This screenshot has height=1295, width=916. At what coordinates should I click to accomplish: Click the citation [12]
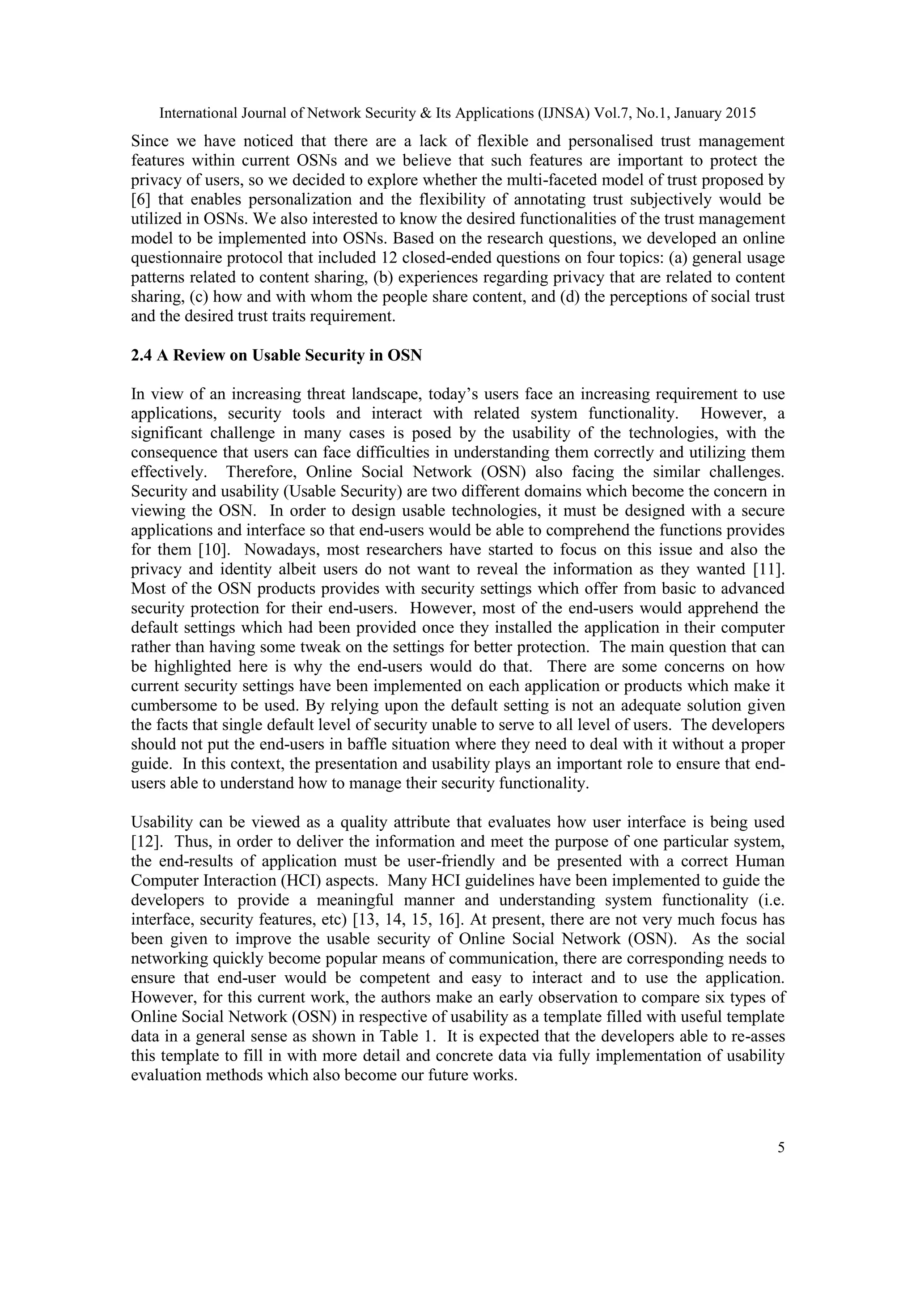pyautogui.click(x=147, y=842)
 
